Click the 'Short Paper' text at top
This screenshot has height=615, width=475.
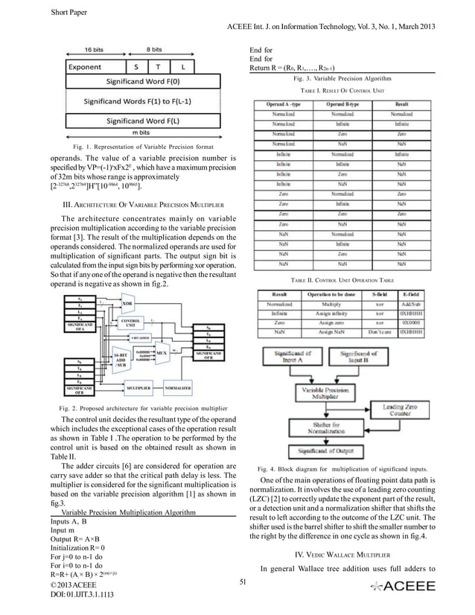coord(71,12)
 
